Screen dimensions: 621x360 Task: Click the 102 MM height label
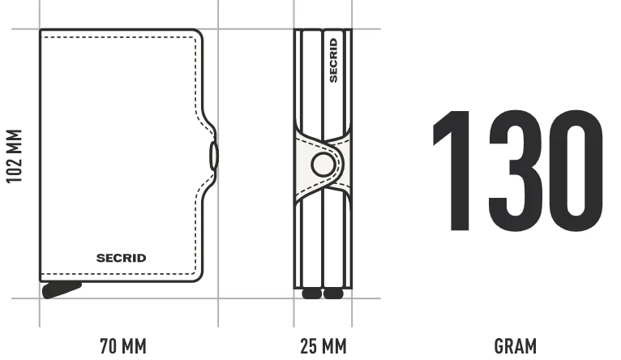pyautogui.click(x=15, y=156)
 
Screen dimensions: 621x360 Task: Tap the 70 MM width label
pyautogui.click(x=123, y=345)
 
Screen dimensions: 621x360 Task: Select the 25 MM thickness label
pyautogui.click(x=323, y=345)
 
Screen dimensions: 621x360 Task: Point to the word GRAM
pyautogui.click(x=516, y=345)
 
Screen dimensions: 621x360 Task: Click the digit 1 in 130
pyautogui.click(x=453, y=170)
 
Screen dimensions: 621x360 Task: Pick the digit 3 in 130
pyautogui.click(x=516, y=170)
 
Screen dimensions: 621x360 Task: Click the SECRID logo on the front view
pyautogui.click(x=121, y=258)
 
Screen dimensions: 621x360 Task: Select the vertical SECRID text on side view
pyautogui.click(x=333, y=60)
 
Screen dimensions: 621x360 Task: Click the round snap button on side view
pyautogui.click(x=323, y=165)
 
